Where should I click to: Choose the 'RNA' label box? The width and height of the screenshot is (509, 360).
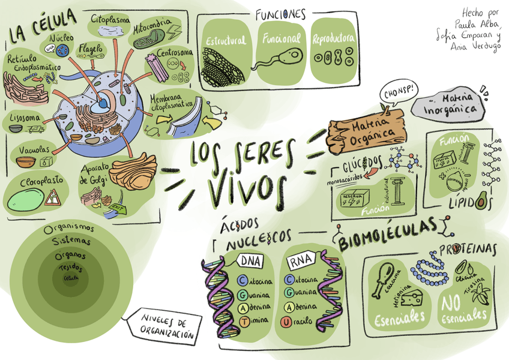coord(301,262)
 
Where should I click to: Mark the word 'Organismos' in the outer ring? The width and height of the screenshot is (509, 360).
coord(69,229)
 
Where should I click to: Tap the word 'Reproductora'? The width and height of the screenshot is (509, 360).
coord(333,39)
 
